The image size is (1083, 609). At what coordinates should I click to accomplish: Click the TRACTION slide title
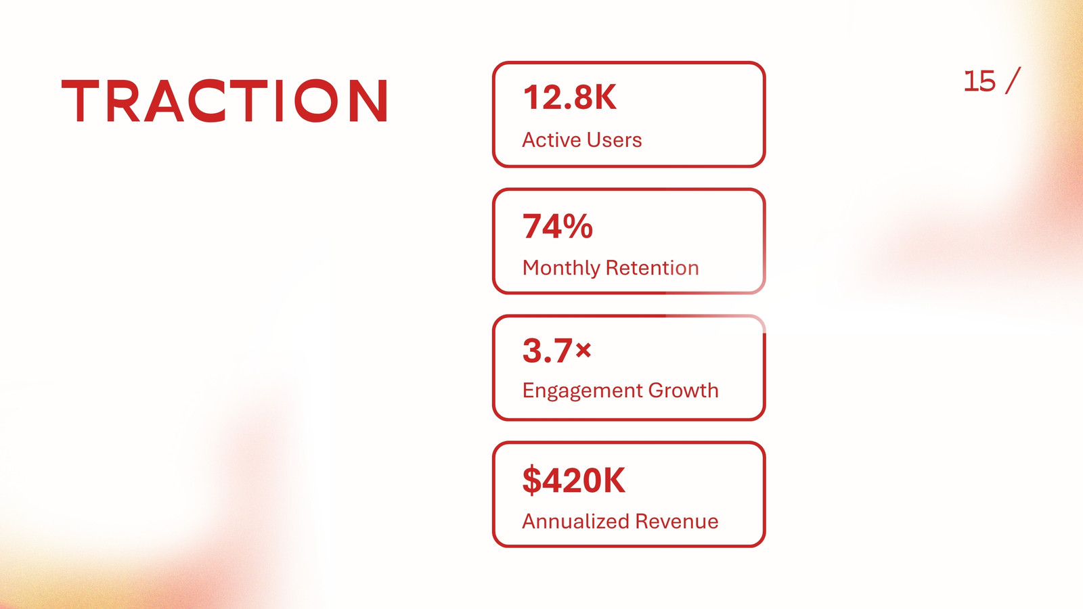[x=224, y=101]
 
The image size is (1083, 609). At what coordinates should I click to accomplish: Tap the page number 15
[x=979, y=81]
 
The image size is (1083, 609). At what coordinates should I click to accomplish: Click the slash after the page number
[x=1013, y=81]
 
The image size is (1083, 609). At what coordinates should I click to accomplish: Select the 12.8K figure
[x=570, y=97]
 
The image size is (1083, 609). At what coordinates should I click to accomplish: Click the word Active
[x=551, y=139]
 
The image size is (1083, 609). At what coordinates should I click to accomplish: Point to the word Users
[x=613, y=139]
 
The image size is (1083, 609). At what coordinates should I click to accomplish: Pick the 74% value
[x=558, y=226]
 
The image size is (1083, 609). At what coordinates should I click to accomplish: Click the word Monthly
[x=561, y=268]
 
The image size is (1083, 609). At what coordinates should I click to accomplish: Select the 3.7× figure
[x=557, y=351]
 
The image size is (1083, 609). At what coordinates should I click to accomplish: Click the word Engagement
[x=582, y=391]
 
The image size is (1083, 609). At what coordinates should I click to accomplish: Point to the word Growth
[x=683, y=390]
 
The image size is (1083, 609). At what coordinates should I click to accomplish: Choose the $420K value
[x=574, y=480]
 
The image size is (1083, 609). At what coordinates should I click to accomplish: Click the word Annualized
[x=575, y=521]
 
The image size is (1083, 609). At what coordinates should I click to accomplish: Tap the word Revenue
[x=677, y=521]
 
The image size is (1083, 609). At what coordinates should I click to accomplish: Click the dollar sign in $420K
[x=532, y=480]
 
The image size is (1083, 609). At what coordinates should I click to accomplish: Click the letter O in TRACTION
[x=316, y=101]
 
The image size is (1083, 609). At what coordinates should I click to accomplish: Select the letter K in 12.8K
[x=605, y=97]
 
